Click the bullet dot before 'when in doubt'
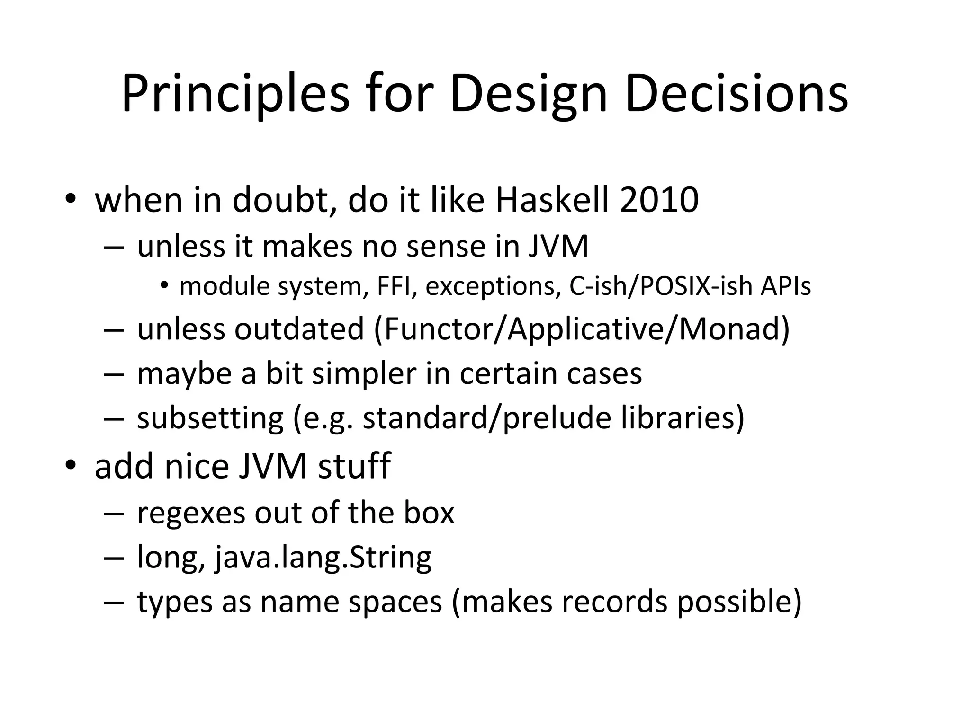(x=71, y=199)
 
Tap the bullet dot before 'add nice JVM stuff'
(x=71, y=465)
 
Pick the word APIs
(x=786, y=286)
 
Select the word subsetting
(x=210, y=418)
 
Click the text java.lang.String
(x=323, y=557)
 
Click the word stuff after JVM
(x=354, y=466)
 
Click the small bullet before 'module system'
(x=164, y=286)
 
